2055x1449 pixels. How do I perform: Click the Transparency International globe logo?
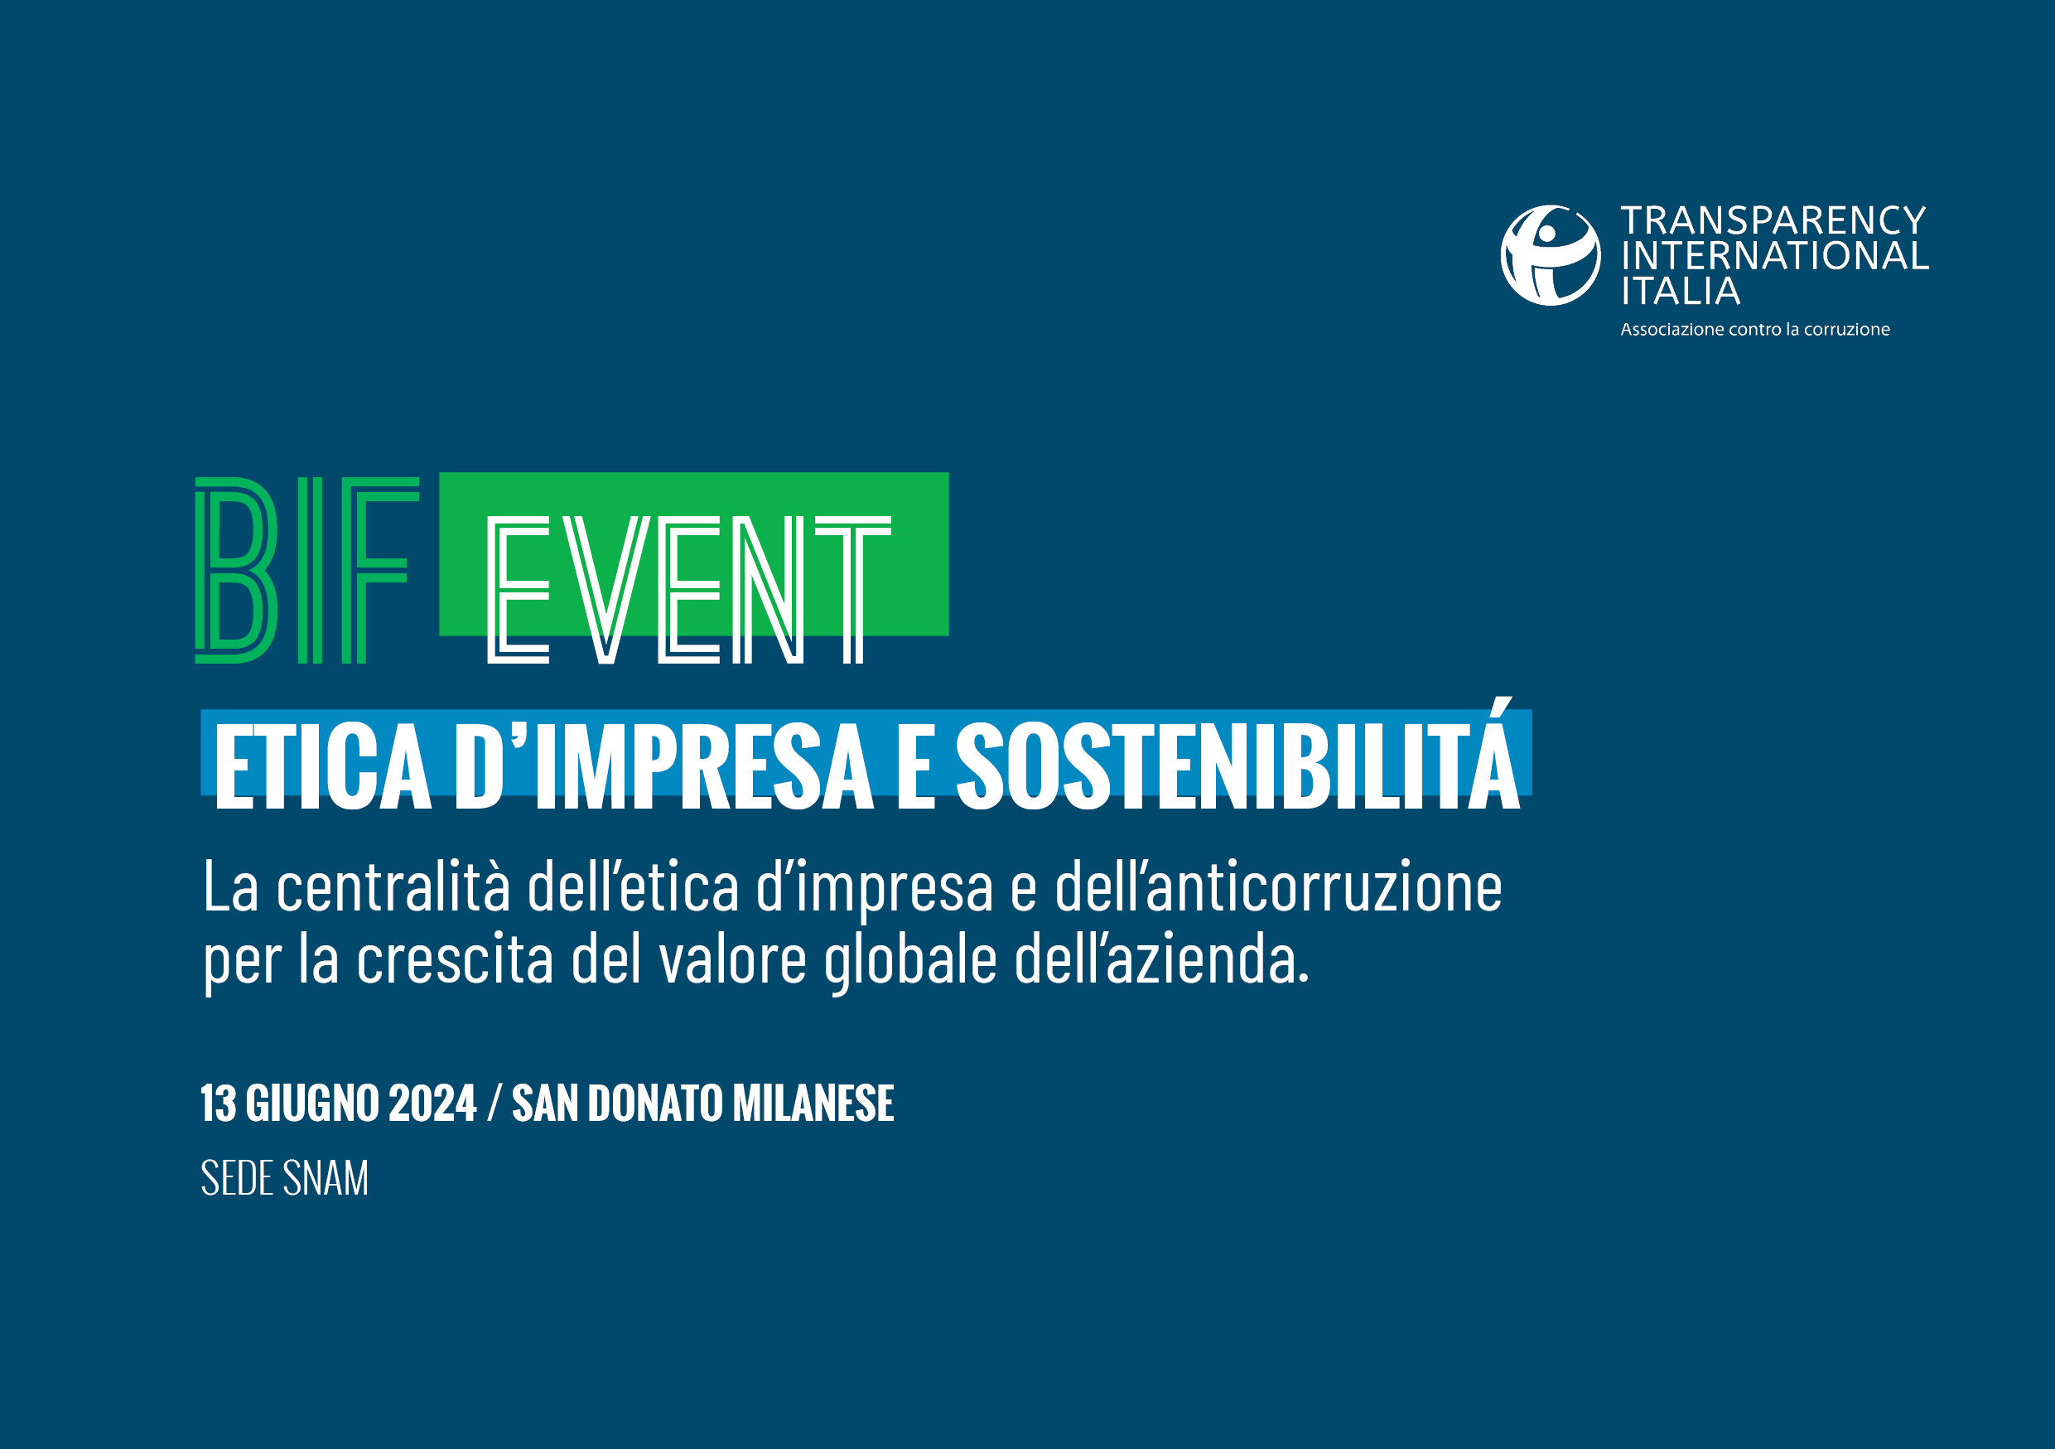tap(1551, 255)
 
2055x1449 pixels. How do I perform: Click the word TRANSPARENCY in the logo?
tap(1773, 220)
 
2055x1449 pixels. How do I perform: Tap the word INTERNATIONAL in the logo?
tap(1775, 256)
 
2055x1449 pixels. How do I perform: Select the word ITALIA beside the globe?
tap(1681, 291)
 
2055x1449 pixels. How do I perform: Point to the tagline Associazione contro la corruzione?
tap(1755, 330)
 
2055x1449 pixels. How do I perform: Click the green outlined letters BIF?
tap(307, 570)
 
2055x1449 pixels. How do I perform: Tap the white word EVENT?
tap(689, 590)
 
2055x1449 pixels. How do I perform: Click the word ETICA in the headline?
tap(322, 766)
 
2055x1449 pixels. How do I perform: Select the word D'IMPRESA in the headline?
tap(664, 766)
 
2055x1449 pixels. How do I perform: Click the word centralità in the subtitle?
tap(393, 886)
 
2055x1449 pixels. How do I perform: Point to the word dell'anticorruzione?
tap(1278, 886)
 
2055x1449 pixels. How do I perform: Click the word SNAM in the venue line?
tap(325, 1178)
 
